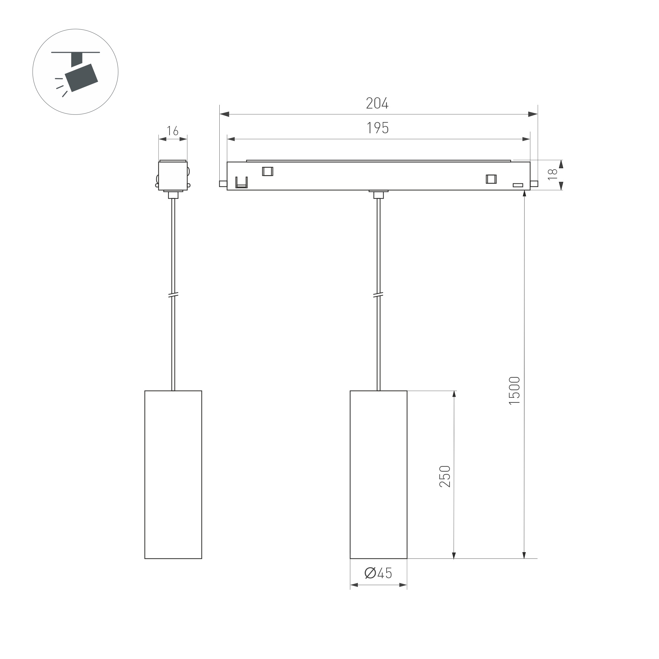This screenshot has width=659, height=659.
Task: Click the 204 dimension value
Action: coord(377,103)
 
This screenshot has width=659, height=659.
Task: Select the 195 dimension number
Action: coord(378,128)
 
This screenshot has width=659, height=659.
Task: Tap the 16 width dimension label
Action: coord(173,131)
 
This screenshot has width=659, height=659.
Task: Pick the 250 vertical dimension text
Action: coord(445,476)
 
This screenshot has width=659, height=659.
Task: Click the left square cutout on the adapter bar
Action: coord(267,171)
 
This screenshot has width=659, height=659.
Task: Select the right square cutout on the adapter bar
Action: coord(491,179)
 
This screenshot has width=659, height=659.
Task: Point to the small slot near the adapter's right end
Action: coord(518,185)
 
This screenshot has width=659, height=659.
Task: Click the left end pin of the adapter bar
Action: coord(223,184)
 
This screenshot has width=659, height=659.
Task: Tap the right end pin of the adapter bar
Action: coord(534,184)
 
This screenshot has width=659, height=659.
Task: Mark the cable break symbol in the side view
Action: coord(173,296)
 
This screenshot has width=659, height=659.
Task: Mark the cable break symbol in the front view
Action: coord(378,295)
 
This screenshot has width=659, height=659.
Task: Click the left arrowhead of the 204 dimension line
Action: coord(224,114)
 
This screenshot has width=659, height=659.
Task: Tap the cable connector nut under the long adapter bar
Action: coord(378,195)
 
